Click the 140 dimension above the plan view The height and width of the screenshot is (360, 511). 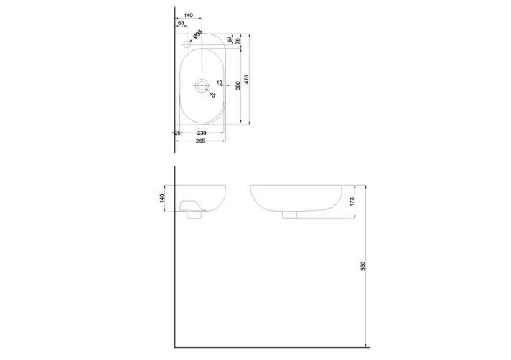[x=189, y=15]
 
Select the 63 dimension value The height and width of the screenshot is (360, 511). [x=181, y=24]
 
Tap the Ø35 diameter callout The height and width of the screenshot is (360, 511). [x=197, y=33]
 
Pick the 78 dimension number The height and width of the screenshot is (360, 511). [x=238, y=42]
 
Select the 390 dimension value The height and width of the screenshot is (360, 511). [x=238, y=85]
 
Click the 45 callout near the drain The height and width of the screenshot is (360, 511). [x=213, y=94]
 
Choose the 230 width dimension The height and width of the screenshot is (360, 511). [x=202, y=133]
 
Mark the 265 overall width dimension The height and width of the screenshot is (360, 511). [x=200, y=141]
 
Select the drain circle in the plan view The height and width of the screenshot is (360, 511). [x=201, y=85]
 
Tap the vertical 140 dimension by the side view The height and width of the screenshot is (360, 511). [x=162, y=197]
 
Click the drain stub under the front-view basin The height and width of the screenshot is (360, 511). [x=292, y=214]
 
